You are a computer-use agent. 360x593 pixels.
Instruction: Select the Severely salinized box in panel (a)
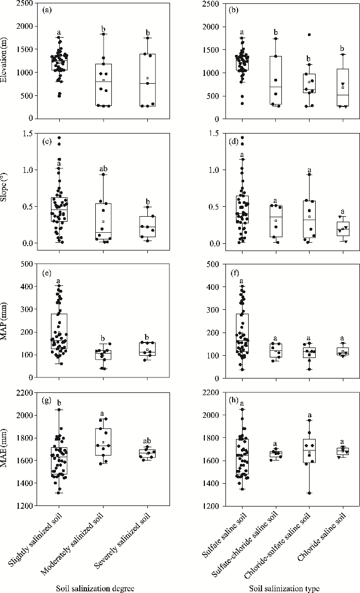pos(148,80)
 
